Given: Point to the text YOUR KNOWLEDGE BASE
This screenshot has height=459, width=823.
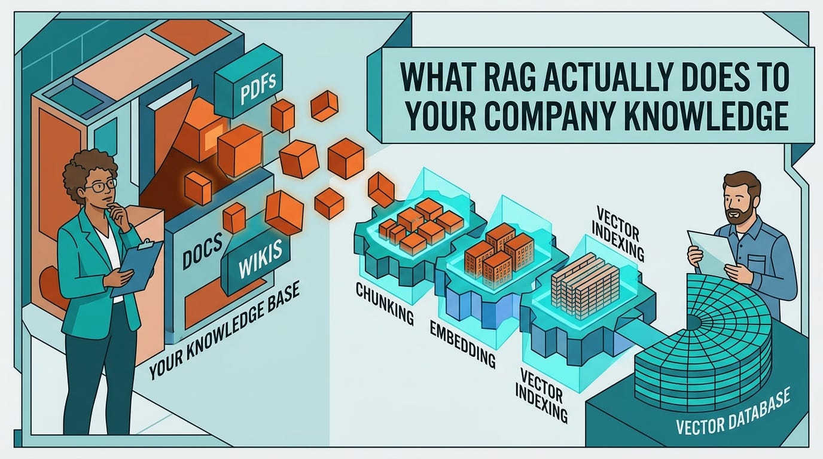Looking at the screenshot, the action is pyautogui.click(x=224, y=331).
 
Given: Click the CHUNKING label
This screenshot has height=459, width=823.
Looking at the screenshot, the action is pyautogui.click(x=385, y=305).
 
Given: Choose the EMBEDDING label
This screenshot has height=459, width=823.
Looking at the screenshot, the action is pyautogui.click(x=462, y=343).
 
